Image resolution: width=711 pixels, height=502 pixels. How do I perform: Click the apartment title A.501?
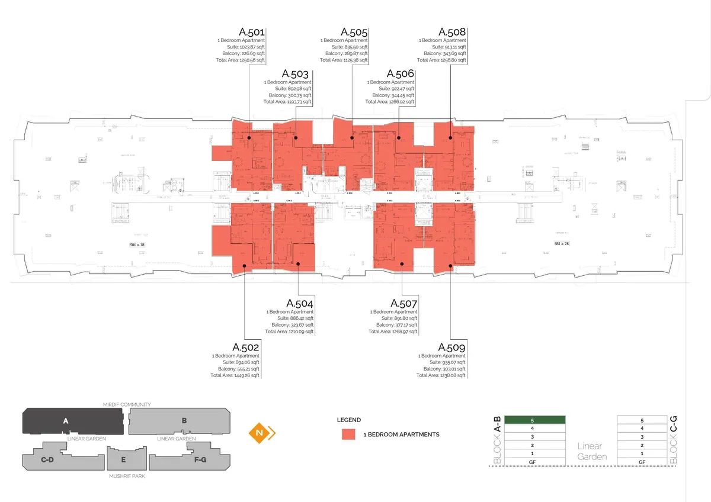[x=252, y=32]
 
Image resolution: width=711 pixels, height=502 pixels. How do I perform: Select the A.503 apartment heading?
[x=295, y=74]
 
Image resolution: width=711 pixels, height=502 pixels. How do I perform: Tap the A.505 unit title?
[x=354, y=32]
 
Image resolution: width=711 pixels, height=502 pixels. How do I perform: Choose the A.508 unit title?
[x=452, y=32]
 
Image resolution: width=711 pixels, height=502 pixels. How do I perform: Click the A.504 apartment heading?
[x=300, y=304]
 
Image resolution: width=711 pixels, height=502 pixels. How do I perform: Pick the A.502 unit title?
[x=246, y=347]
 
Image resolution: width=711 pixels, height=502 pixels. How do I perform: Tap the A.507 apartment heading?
[x=403, y=304]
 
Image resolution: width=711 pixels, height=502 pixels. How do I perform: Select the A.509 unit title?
[x=451, y=347]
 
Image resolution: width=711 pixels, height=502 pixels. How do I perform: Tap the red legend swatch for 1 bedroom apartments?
[x=348, y=434]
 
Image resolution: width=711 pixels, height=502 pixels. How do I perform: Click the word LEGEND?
[x=348, y=420]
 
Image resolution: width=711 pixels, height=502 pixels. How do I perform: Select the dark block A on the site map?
[x=66, y=421]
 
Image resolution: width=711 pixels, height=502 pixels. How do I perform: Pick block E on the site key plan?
[x=123, y=459]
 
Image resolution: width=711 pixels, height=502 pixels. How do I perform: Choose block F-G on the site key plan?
[x=184, y=459]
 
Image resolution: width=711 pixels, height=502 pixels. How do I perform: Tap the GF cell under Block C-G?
[x=642, y=462]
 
